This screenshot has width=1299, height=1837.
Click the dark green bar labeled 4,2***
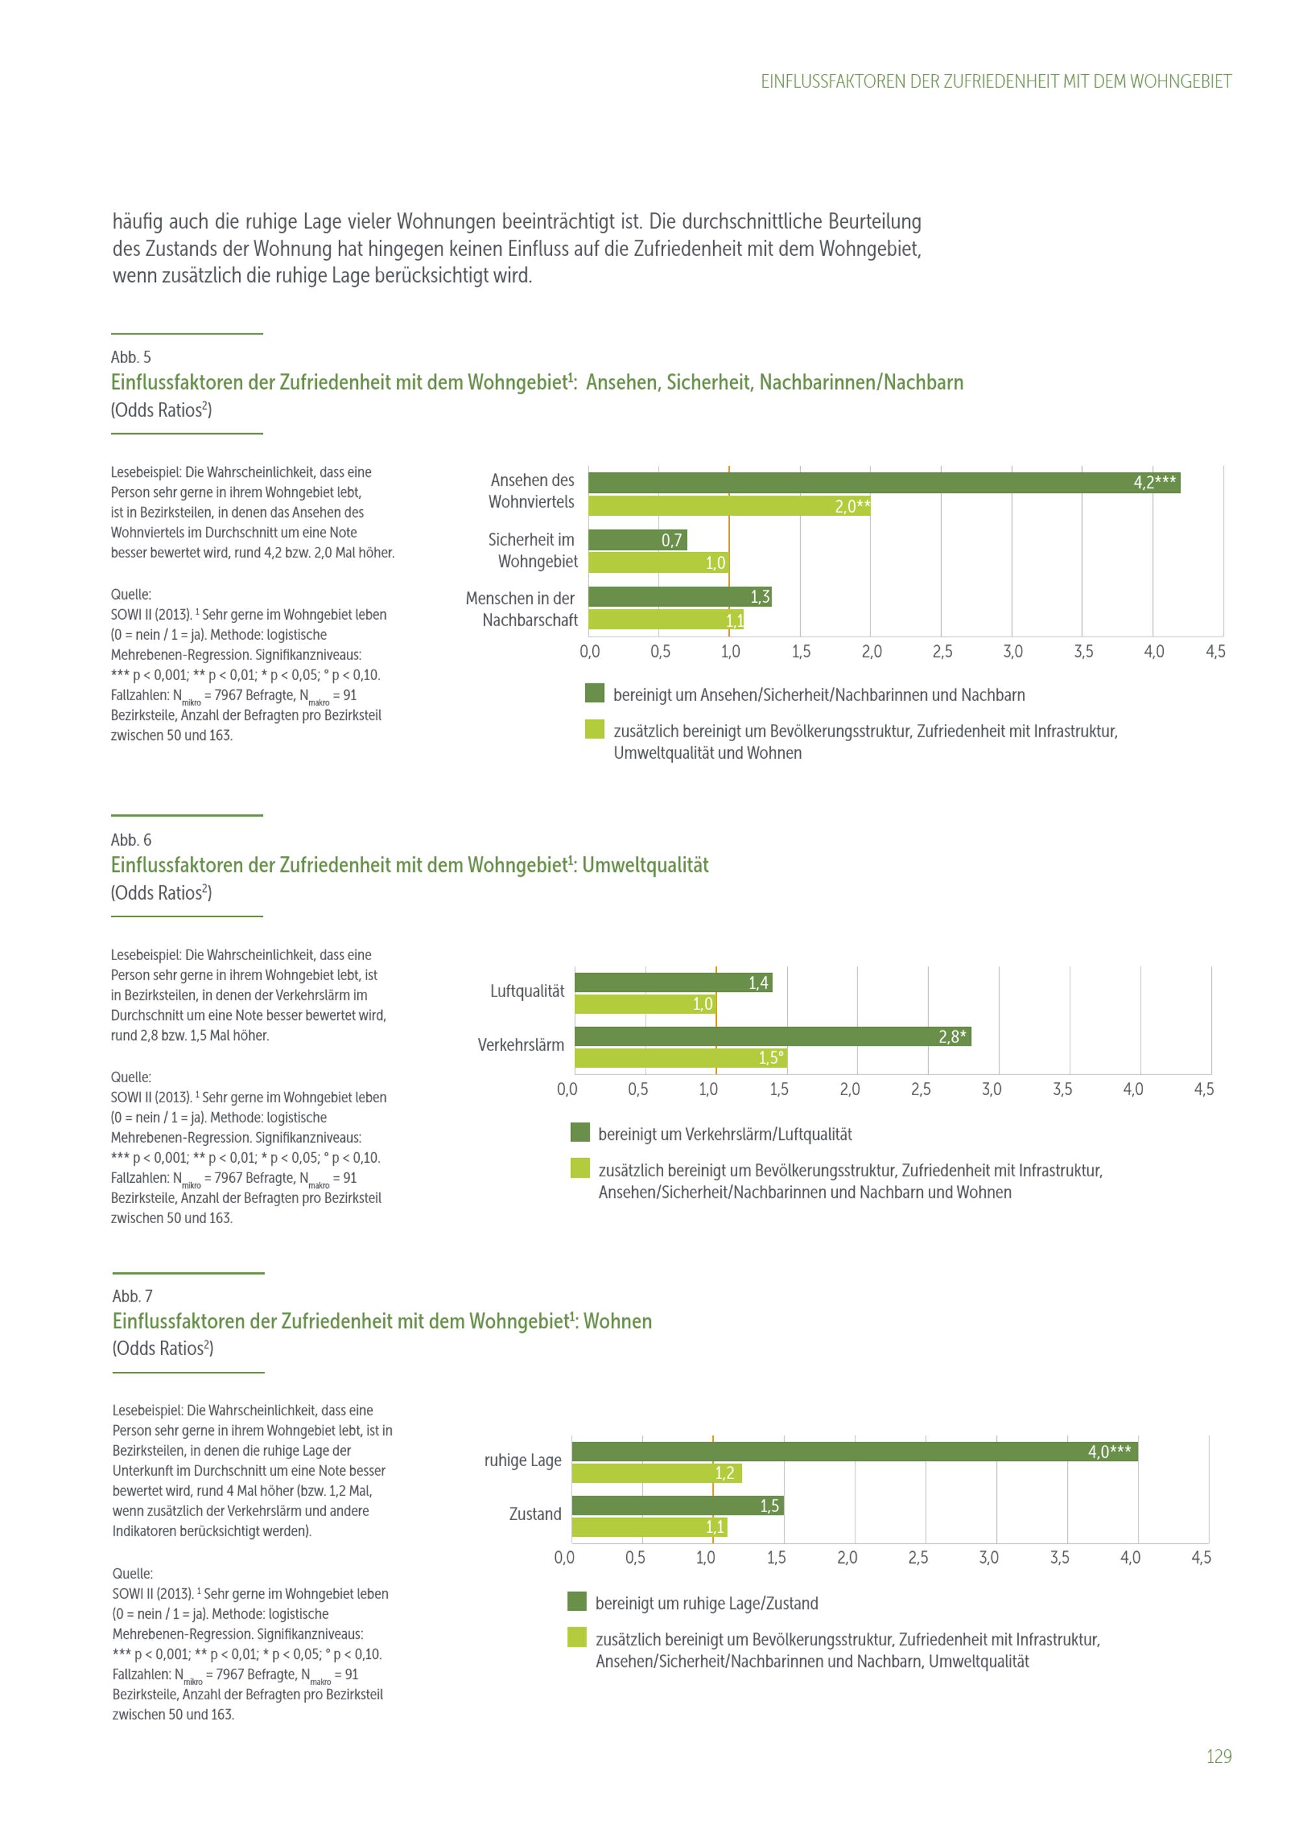(x=883, y=483)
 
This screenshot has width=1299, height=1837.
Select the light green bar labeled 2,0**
(x=729, y=505)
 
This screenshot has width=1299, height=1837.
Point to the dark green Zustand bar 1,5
(x=677, y=1506)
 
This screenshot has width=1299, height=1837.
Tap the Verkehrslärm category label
(x=521, y=1045)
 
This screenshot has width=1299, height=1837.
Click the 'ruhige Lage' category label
(x=522, y=1460)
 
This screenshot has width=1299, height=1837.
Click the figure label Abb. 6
(x=131, y=839)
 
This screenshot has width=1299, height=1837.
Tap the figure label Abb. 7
(x=132, y=1295)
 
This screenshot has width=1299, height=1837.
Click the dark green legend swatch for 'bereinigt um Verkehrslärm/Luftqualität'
(x=580, y=1132)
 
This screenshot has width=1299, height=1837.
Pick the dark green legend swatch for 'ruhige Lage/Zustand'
(x=577, y=1601)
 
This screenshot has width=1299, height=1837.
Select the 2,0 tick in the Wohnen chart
(x=847, y=1558)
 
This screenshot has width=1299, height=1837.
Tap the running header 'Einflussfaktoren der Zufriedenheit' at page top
(x=995, y=82)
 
